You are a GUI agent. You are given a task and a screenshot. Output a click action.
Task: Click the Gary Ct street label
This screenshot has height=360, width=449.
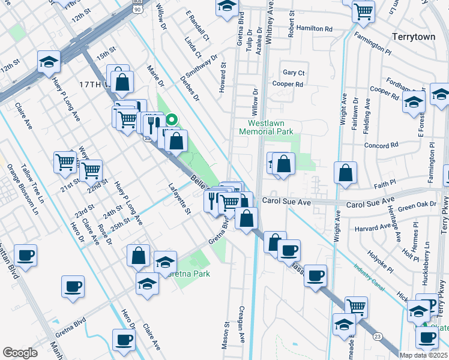pos(294,73)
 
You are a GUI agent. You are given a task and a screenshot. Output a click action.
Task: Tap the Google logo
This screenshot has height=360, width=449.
pos(20,353)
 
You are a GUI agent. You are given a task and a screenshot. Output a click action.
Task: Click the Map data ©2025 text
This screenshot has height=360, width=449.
pos(423,355)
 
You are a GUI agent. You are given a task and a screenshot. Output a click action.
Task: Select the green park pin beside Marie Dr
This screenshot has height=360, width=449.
pos(172,119)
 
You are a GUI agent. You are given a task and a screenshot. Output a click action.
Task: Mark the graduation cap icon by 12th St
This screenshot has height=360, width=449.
pos(49,61)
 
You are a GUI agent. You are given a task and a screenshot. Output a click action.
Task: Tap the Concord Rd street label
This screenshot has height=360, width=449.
pos(381,145)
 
